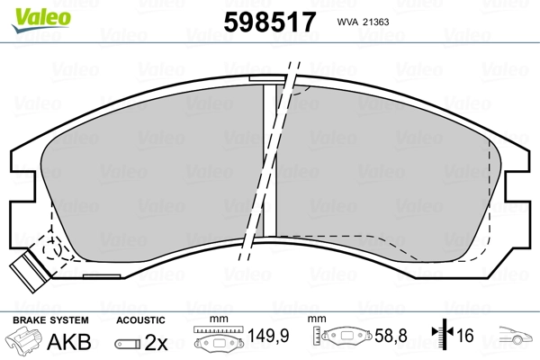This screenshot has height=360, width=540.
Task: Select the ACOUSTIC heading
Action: click(x=141, y=319)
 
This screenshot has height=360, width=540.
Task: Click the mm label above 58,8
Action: click(x=317, y=319)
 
